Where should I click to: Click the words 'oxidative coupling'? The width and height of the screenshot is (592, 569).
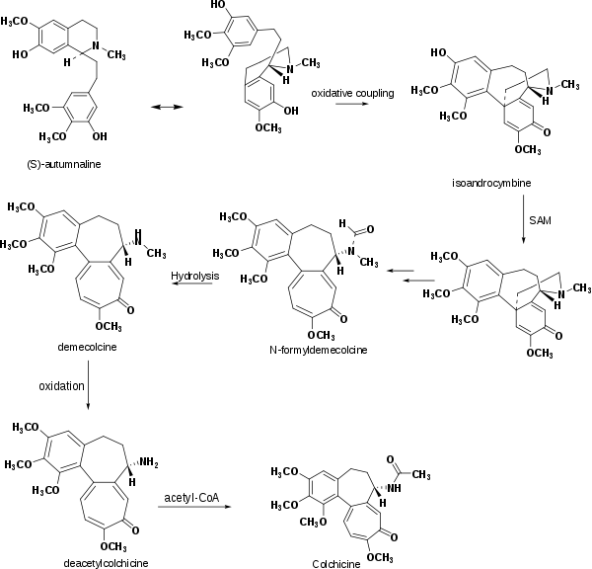[x=352, y=93]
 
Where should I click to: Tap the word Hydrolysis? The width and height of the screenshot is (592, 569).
[x=193, y=276]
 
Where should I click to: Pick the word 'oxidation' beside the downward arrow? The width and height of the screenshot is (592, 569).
[x=60, y=384]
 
